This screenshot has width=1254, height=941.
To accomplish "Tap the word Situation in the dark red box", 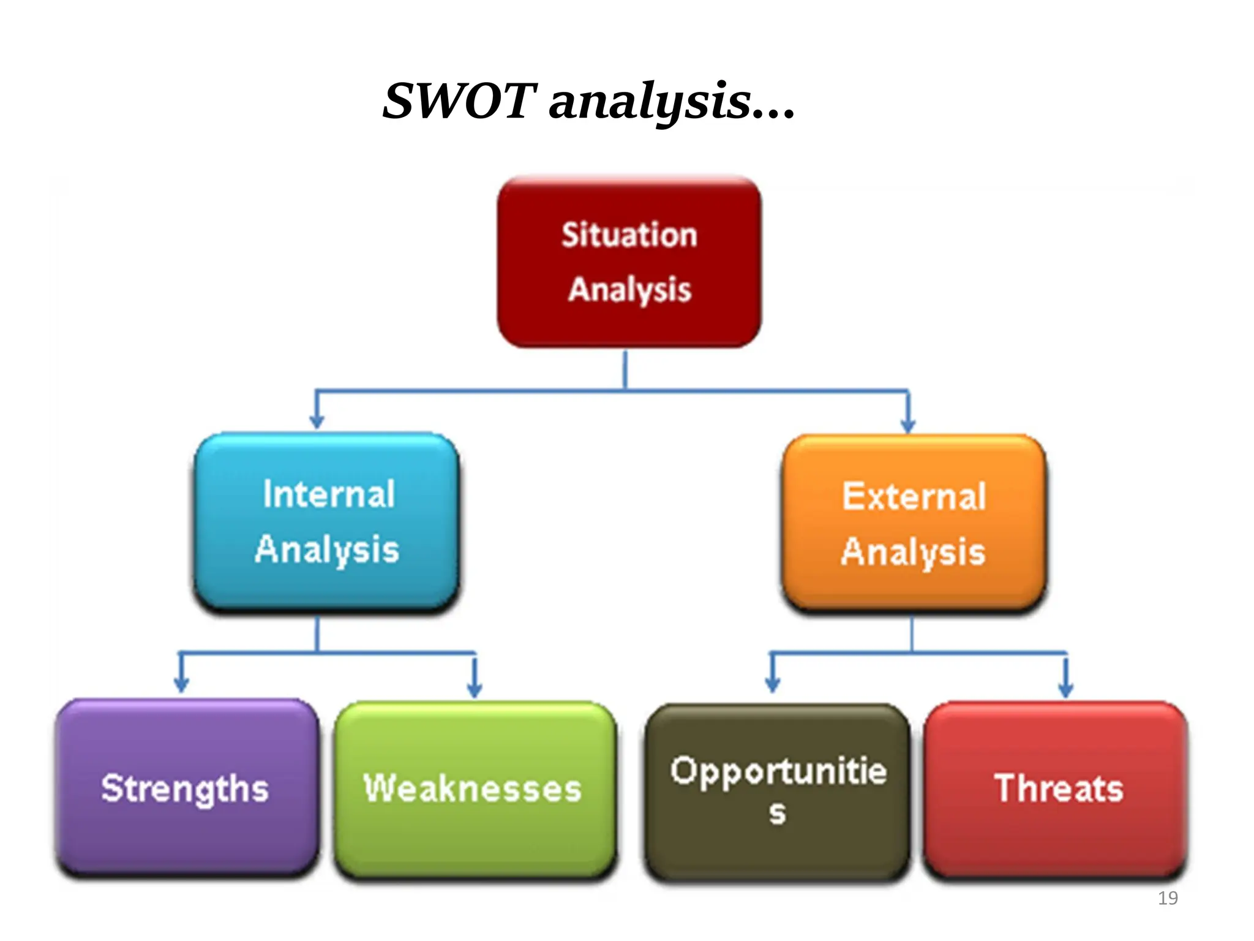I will tap(629, 235).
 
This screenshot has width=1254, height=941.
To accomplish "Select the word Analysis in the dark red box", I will tap(629, 290).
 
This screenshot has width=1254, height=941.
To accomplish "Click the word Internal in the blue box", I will tap(329, 494).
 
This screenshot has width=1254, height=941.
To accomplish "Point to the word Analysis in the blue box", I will tap(327, 550).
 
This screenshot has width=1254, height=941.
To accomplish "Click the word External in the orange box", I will tap(914, 497).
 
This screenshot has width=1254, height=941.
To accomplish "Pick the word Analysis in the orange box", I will tap(913, 552).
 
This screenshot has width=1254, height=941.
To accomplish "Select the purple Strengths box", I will tap(186, 789).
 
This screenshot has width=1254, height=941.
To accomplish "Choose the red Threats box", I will tap(1058, 789).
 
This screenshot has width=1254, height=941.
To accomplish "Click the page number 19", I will tap(1168, 898).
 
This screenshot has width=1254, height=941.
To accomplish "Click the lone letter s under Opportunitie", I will tap(778, 814).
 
